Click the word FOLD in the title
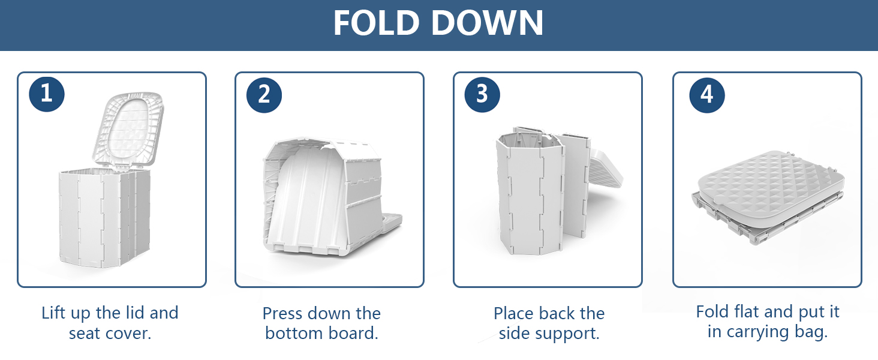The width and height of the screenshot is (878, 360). click(377, 23)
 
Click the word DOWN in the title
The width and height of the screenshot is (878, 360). click(488, 23)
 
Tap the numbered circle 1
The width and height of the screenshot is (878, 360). click(47, 94)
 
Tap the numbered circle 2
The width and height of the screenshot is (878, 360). click(264, 95)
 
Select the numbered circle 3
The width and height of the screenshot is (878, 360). click(482, 95)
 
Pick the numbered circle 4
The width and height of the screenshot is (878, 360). click(707, 95)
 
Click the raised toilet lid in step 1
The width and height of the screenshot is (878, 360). click(128, 130)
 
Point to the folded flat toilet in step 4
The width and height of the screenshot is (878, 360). click(768, 197)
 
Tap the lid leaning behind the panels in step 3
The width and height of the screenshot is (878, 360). click(606, 169)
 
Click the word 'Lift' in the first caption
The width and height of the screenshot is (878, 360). click(54, 313)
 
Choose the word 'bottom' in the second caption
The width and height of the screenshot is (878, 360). click(294, 334)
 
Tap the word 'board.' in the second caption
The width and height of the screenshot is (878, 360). click(353, 334)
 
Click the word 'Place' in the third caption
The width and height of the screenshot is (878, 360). click(513, 314)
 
